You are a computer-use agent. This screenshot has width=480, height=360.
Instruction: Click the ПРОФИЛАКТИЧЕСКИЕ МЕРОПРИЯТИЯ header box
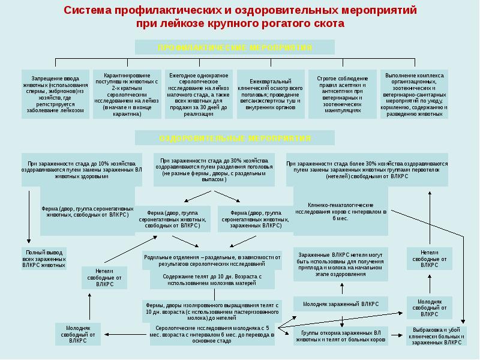point(235,47)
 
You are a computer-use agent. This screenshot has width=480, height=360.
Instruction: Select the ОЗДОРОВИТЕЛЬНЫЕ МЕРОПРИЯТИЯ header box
point(235,138)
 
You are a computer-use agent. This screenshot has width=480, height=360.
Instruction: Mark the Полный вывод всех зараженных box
point(44,258)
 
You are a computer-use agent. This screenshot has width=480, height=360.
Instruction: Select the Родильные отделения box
point(212,260)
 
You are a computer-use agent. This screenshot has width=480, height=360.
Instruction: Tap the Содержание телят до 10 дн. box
point(212,280)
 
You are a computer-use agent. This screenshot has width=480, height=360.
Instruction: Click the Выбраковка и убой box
point(436,335)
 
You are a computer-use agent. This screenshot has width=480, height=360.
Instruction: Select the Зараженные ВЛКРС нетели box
point(340,265)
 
